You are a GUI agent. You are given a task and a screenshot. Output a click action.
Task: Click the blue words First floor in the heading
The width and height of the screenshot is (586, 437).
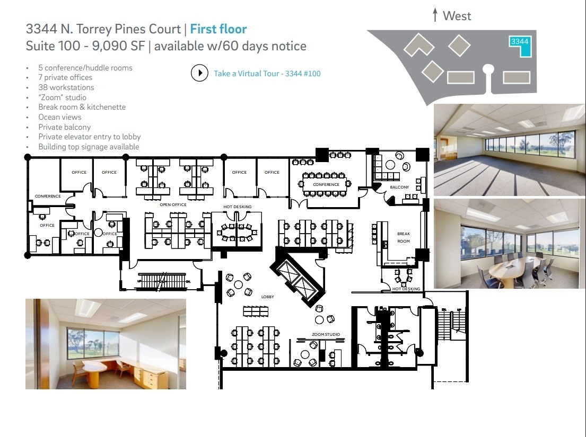point(218,29)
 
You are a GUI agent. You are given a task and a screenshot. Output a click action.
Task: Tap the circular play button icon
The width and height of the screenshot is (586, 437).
point(199,73)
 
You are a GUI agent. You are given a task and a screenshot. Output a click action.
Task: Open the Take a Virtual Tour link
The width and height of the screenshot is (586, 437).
point(267,74)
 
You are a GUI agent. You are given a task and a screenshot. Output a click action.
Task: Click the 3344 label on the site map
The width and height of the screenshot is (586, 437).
point(519,41)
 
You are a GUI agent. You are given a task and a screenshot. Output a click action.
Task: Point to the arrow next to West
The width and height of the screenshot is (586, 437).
point(435,15)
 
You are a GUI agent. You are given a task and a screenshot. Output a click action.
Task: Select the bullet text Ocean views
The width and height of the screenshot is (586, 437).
point(59,117)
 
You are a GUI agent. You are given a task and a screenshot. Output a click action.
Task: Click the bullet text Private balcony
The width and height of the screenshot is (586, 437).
point(64,127)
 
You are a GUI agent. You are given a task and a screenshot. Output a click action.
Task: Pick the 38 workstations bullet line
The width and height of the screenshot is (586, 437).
point(66,87)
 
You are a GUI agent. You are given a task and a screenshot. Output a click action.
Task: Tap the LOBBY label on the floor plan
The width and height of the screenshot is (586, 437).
point(268,297)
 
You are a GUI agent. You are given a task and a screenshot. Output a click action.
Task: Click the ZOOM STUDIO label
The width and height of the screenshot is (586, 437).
point(326,334)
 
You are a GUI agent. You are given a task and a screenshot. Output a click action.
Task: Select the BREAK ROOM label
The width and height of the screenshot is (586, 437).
point(404,237)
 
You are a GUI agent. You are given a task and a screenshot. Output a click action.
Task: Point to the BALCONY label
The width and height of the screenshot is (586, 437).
point(399,188)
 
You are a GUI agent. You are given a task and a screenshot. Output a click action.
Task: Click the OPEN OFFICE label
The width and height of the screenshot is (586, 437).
point(173,204)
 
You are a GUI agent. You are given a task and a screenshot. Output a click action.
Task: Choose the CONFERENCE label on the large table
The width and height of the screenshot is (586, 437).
point(326,184)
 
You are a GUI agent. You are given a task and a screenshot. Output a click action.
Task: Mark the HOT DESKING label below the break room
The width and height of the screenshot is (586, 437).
point(406,289)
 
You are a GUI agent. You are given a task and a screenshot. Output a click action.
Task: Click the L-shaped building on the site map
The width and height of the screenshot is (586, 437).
point(419,45)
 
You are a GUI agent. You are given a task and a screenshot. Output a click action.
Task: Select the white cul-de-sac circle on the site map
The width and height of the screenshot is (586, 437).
point(489,68)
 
